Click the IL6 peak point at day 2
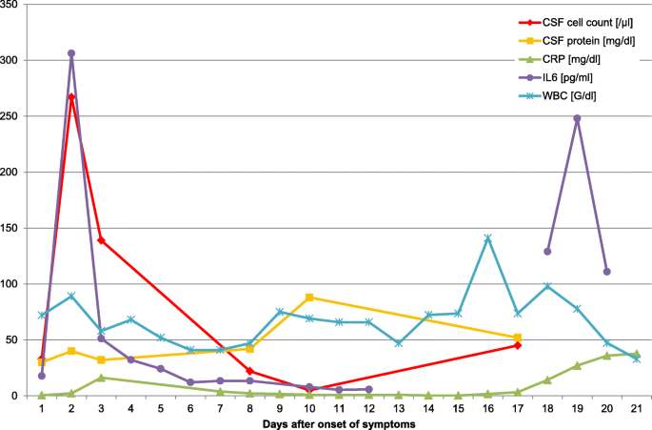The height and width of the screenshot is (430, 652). point(70,53)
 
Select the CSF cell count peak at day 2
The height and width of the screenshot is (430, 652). point(70,97)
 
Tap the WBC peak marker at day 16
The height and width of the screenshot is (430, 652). point(488,238)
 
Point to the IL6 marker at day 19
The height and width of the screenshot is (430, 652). point(577,118)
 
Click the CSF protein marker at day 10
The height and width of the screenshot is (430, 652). point(309,297)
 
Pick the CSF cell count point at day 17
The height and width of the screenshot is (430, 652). point(518,345)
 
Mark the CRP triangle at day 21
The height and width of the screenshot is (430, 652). point(637,354)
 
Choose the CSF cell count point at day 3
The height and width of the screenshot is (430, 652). point(101,240)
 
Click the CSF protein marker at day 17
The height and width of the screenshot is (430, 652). point(518,338)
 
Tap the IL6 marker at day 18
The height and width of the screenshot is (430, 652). point(547,252)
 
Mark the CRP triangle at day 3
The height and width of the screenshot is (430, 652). point(101,378)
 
